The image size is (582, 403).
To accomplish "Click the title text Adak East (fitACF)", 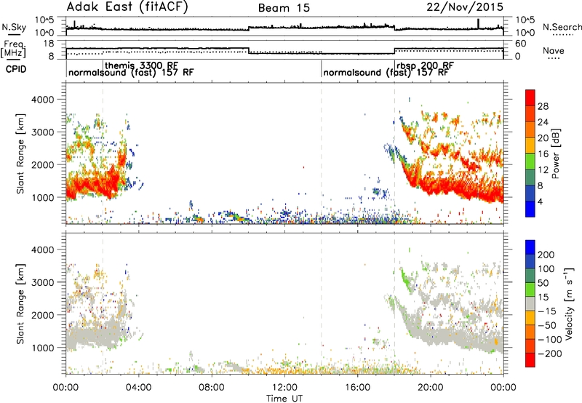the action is (x=127, y=7).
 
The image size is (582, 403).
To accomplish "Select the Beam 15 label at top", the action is (x=284, y=8).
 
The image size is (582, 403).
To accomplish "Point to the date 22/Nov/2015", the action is (x=465, y=7).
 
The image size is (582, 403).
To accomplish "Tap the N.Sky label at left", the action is (x=14, y=27).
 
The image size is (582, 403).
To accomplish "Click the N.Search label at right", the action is (x=562, y=27).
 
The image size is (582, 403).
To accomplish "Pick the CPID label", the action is (x=16, y=69).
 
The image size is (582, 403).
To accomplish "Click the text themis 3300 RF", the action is (x=141, y=65).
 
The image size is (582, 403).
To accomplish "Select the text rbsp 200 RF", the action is (x=425, y=65).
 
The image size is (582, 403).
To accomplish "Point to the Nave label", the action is (x=554, y=50).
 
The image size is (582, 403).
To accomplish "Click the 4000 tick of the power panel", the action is (x=43, y=100).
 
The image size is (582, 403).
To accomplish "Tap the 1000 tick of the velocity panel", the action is (x=43, y=348).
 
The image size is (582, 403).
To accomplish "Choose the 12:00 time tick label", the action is (x=284, y=388).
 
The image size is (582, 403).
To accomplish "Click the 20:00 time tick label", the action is (x=431, y=388).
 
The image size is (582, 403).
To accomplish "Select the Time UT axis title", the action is (x=284, y=399).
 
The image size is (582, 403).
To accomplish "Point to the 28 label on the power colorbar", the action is (x=543, y=107).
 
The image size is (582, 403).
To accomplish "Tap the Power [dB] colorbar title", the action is (x=556, y=153).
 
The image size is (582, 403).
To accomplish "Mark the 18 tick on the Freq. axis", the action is (x=49, y=44).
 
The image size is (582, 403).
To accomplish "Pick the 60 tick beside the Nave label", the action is (x=520, y=44).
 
